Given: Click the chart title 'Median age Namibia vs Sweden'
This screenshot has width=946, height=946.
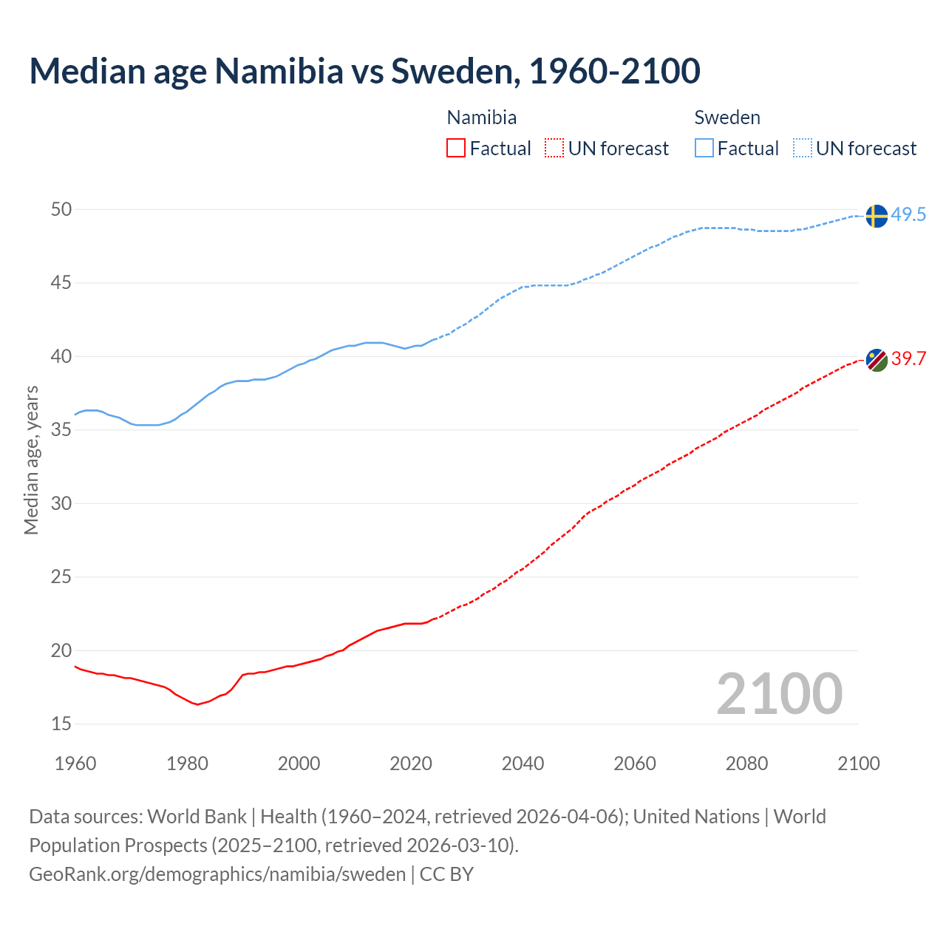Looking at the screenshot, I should click(364, 71).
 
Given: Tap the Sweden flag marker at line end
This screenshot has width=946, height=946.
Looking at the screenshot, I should click(876, 216).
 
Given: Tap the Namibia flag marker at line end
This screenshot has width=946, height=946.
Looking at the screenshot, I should click(877, 360).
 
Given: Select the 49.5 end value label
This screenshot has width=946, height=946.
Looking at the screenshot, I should click(908, 215).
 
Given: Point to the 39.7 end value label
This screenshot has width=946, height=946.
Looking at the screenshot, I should click(908, 359).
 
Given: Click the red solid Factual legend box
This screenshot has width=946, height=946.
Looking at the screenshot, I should click(456, 149).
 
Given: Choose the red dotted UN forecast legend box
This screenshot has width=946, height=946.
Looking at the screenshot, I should click(554, 149).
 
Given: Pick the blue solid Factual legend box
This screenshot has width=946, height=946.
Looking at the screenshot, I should click(704, 149).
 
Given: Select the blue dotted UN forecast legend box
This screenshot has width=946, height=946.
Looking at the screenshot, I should click(803, 149).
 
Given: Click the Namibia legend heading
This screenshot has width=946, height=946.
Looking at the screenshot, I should click(482, 118).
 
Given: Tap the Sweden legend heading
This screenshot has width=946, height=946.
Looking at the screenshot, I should click(727, 118).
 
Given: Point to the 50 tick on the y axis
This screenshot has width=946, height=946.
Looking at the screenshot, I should click(61, 209).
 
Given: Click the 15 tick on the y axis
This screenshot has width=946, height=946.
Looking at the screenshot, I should click(61, 724).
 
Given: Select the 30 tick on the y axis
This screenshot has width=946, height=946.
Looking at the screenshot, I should click(61, 503).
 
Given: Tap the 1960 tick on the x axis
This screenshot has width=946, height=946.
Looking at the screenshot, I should click(75, 763).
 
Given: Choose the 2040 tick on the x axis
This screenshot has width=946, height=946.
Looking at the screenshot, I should click(523, 763).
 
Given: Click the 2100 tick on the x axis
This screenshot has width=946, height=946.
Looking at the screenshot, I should click(859, 763).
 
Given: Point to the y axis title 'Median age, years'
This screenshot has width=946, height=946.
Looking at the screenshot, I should click(31, 460).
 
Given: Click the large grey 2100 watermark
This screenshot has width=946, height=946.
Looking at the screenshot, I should click(779, 694).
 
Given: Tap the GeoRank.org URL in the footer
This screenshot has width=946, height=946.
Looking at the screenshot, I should click(217, 874).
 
